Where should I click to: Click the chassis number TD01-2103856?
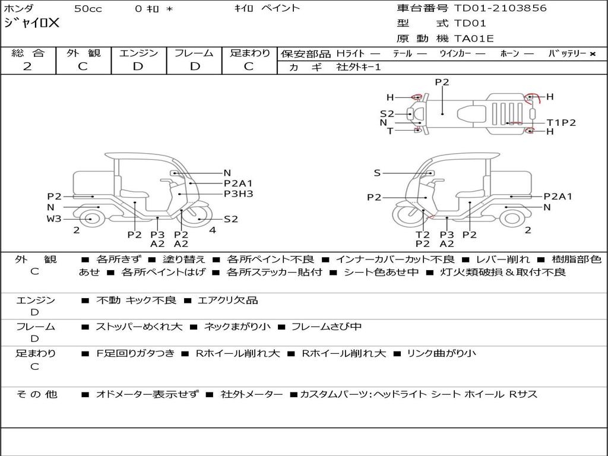(x=500, y=8)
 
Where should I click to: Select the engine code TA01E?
(x=474, y=39)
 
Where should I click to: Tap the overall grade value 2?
(x=27, y=66)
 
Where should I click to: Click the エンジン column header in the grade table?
(x=138, y=53)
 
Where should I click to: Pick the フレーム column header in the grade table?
(x=194, y=53)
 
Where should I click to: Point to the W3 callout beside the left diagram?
(x=54, y=219)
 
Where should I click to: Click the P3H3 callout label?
(x=238, y=194)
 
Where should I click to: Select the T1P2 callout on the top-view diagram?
(x=561, y=123)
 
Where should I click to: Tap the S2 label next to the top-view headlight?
(x=387, y=114)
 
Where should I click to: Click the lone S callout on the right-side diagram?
(x=377, y=173)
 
